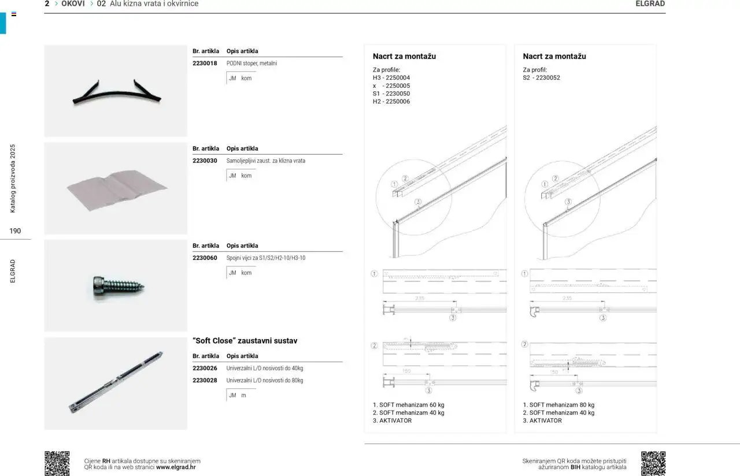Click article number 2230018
(205, 64)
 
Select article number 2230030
(205, 161)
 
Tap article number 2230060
(205, 258)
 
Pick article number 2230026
(205, 368)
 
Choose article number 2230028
(205, 380)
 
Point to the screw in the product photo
(119, 285)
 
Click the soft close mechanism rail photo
(117, 382)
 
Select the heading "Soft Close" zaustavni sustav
(245, 341)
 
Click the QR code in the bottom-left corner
(57, 463)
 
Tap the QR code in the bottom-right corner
(653, 463)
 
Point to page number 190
(15, 231)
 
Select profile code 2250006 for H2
(398, 102)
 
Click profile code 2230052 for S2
(548, 77)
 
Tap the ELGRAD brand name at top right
(650, 3)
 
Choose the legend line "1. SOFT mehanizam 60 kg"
(408, 405)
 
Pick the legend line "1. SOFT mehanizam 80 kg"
(558, 405)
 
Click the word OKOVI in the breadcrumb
(73, 3)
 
